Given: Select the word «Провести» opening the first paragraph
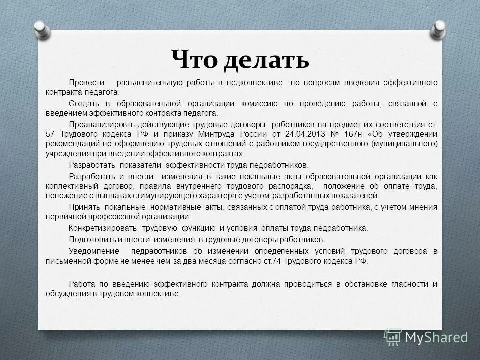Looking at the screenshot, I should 87,82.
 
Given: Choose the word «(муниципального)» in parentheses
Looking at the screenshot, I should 404,144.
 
